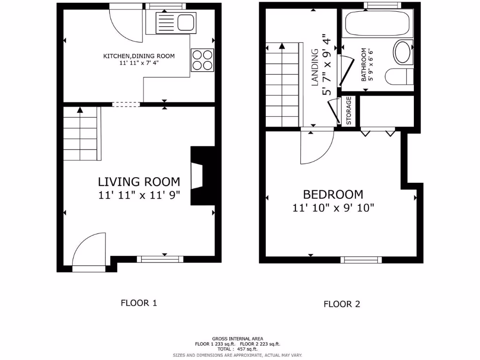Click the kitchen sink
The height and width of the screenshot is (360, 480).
click(x=176, y=22)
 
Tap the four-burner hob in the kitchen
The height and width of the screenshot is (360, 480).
click(x=202, y=60)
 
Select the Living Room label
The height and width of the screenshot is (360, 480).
click(x=139, y=181)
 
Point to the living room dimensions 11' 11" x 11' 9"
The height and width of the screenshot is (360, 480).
click(x=139, y=195)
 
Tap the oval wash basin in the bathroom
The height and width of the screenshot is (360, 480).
click(x=403, y=52)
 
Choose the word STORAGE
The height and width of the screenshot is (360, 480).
click(x=349, y=111)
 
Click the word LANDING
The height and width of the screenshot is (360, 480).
click(x=315, y=67)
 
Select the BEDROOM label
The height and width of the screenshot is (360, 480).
click(x=333, y=194)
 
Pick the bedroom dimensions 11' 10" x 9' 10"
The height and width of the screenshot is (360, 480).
click(x=333, y=208)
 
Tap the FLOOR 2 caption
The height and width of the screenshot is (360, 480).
click(x=342, y=304)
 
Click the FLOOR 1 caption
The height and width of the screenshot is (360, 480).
click(x=139, y=303)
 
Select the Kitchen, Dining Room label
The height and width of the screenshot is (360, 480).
click(x=139, y=56)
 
